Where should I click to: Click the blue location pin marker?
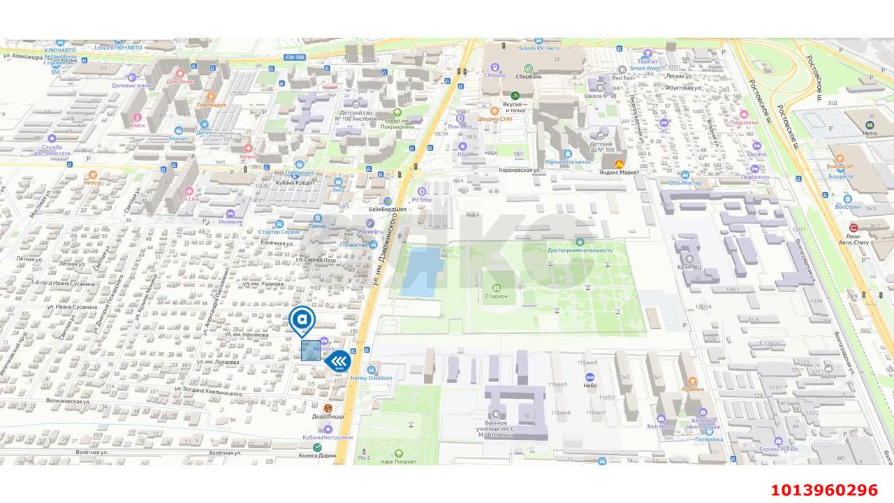(302, 320)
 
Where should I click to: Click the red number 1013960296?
(824, 490)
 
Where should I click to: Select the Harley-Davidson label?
(372, 378)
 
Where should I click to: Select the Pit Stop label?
(421, 199)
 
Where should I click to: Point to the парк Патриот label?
(399, 461)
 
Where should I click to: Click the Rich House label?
(661, 426)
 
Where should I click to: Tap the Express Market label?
(778, 449)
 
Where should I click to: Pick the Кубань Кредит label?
(295, 182)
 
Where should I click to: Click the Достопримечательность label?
(580, 250)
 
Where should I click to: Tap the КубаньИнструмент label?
(321, 437)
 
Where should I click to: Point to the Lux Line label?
(189, 198)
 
